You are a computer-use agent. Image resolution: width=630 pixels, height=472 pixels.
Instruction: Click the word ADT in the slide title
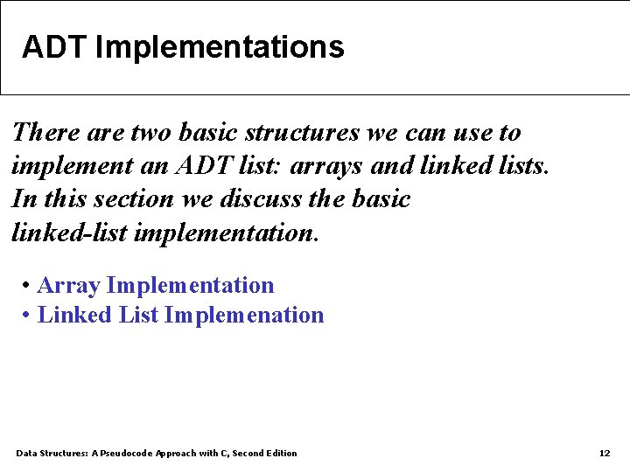(54, 47)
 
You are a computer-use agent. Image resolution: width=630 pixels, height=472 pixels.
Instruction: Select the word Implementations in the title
(219, 47)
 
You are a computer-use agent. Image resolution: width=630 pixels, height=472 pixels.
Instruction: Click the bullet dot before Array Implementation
(28, 286)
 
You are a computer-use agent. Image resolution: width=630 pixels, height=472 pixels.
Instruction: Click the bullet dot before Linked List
(28, 316)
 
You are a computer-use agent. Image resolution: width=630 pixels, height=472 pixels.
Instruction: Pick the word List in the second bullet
(138, 316)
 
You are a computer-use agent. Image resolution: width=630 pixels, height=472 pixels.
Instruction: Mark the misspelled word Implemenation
(244, 316)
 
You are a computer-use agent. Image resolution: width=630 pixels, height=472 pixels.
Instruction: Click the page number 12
(604, 453)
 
